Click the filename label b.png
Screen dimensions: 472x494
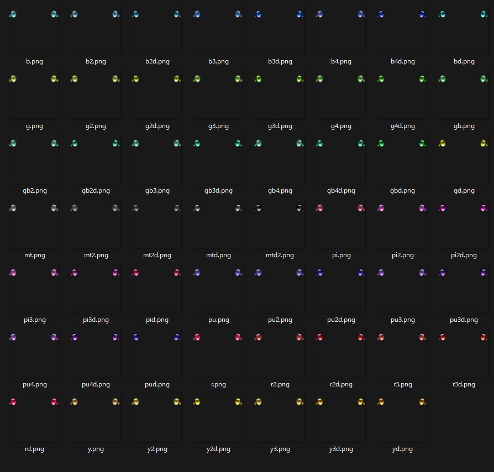tap(34, 61)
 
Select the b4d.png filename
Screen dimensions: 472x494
tap(402, 61)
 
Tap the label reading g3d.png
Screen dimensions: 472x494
tap(280, 126)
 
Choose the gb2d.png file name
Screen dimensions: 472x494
tap(96, 190)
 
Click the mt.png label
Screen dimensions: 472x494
tap(34, 255)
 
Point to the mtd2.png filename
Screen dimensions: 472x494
tap(280, 255)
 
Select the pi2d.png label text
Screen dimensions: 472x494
tap(464, 255)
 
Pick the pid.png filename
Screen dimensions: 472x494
tap(157, 320)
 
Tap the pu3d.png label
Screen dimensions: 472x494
tap(464, 320)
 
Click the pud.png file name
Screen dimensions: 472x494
tap(157, 384)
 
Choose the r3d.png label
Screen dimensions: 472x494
tap(464, 384)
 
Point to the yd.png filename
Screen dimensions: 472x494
tap(402, 449)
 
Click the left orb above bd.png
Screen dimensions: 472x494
tap(442, 14)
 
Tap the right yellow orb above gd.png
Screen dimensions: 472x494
tap(484, 144)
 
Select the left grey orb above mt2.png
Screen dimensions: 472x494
tap(74, 208)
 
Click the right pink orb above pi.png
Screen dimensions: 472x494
tap(361, 208)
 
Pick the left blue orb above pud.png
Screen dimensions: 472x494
tap(135, 337)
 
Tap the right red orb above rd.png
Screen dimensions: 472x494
tap(54, 402)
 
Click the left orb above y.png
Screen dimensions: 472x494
tap(74, 402)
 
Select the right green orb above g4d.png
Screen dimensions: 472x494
tap(422, 79)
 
